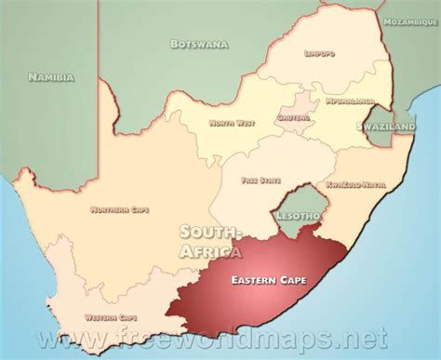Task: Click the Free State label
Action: pos(259,179)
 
